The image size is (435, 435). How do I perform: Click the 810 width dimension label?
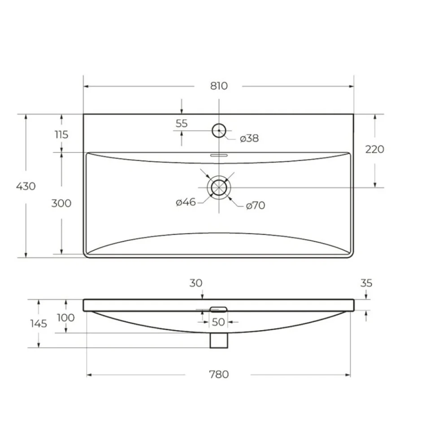pyautogui.click(x=219, y=86)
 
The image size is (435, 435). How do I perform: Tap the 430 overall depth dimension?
pyautogui.click(x=26, y=186)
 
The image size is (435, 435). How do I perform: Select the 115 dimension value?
pyautogui.click(x=61, y=135)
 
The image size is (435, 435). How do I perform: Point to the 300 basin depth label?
pyautogui.click(x=61, y=203)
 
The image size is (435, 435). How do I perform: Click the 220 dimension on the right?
pyautogui.click(x=374, y=149)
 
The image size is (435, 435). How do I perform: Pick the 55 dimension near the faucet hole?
pyautogui.click(x=182, y=123)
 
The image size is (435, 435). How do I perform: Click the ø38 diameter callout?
pyautogui.click(x=249, y=138)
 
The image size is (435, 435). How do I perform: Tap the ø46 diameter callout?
pyautogui.click(x=186, y=202)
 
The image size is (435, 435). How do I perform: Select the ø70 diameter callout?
pyautogui.click(x=256, y=205)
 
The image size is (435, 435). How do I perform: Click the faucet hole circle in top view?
pyautogui.click(x=219, y=124)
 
